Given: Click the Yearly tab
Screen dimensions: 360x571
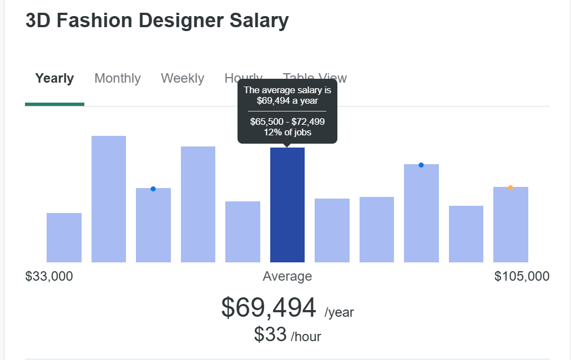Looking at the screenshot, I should pyautogui.click(x=54, y=79).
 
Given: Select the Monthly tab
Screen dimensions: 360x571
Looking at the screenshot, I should pyautogui.click(x=118, y=79).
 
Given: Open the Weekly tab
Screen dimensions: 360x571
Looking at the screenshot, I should pyautogui.click(x=183, y=79).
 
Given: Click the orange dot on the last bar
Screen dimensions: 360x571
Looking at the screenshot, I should pyautogui.click(x=511, y=187).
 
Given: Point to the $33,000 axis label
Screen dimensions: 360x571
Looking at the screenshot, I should pyautogui.click(x=49, y=276).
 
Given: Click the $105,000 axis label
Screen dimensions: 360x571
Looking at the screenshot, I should pyautogui.click(x=522, y=276).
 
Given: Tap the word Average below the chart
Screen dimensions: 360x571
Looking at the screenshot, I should pyautogui.click(x=287, y=276).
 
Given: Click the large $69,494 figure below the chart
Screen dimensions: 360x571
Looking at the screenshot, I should pyautogui.click(x=269, y=307).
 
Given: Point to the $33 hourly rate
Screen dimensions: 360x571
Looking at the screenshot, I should pyautogui.click(x=270, y=334).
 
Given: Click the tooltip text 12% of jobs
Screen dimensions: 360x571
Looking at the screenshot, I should pyautogui.click(x=287, y=132).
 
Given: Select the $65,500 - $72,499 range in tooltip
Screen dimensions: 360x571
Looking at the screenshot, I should pyautogui.click(x=287, y=121).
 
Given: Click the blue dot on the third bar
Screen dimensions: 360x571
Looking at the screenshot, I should pyautogui.click(x=153, y=189).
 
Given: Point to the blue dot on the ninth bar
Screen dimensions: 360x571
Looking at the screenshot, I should pyautogui.click(x=421, y=165).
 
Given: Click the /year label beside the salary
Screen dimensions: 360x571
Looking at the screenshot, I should pyautogui.click(x=339, y=312).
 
